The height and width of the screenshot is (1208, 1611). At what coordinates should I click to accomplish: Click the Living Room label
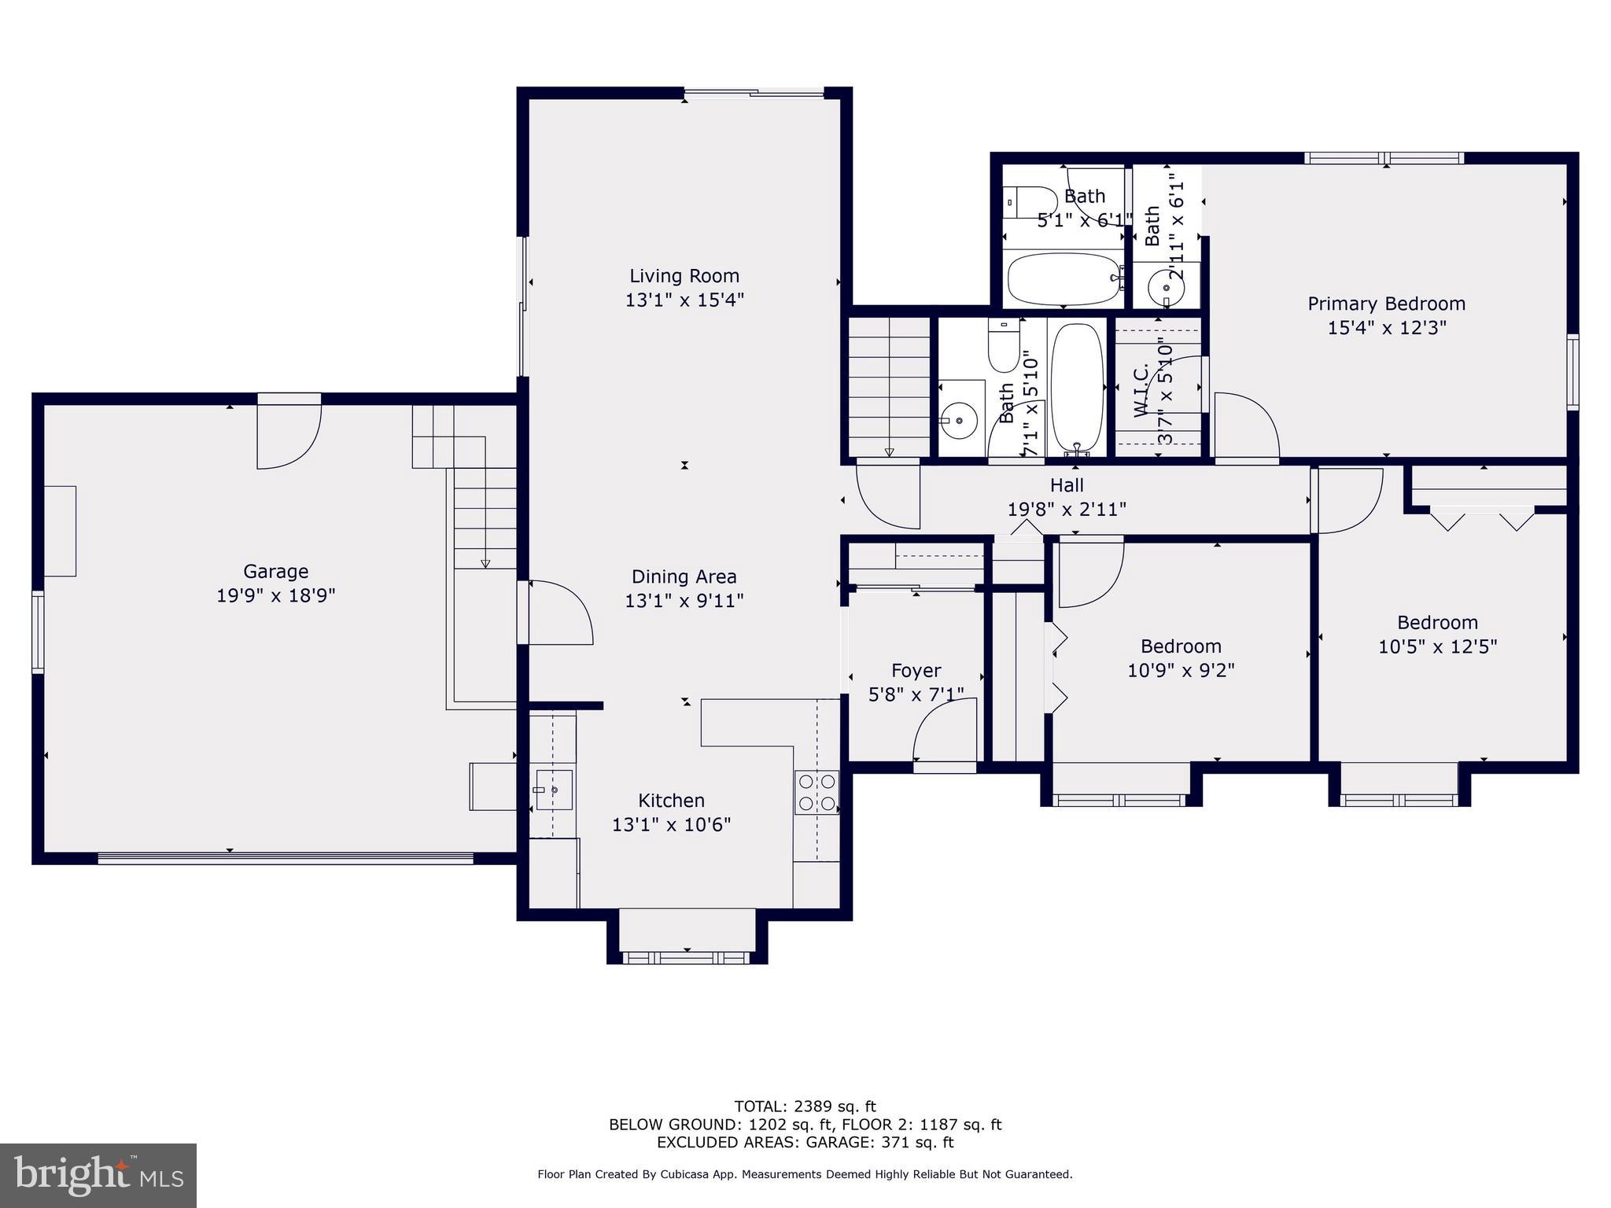pos(684,276)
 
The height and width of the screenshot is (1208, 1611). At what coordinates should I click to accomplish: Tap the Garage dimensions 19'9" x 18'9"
pos(275,595)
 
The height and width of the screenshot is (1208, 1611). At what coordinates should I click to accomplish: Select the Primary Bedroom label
pos(1386,304)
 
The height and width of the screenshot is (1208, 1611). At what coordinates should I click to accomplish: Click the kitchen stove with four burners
pos(817,793)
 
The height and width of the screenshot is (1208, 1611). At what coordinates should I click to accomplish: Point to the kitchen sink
pos(553,790)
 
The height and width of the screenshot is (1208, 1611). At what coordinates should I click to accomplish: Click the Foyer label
pos(916,670)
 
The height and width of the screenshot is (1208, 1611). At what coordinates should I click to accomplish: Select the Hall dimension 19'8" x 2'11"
pos(1067,509)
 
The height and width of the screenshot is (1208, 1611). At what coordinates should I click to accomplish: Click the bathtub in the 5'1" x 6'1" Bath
pos(1064,279)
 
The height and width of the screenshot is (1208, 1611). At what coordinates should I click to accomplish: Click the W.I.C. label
pos(1142,389)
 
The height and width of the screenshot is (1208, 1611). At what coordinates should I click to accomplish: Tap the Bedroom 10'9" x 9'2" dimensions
pos(1181,670)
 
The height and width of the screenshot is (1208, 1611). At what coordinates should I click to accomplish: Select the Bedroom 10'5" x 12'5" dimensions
pos(1437,646)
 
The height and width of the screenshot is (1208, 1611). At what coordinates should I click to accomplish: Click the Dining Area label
pos(684,576)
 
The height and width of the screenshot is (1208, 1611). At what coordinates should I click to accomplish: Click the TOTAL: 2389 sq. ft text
pos(805,1107)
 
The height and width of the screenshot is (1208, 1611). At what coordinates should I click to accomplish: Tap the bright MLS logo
pos(98,1175)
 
